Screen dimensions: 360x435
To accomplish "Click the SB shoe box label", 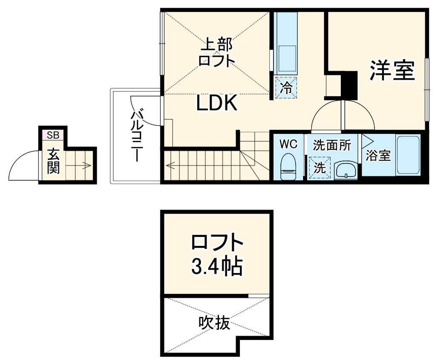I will coord(53,135).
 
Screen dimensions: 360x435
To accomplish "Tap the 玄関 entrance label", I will coord(53,161).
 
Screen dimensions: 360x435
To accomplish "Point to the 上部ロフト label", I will coord(216,52).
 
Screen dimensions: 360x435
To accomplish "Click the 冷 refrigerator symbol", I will coord(286,88).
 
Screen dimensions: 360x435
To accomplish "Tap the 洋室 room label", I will coord(392,70).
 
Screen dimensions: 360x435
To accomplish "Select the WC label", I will coord(288,144).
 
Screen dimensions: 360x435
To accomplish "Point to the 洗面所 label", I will coord(332,145).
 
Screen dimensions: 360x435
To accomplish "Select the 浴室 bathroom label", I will coord(378,156).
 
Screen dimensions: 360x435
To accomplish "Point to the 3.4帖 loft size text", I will coord(216,267).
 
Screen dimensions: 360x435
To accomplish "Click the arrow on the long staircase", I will coord(173,165).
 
